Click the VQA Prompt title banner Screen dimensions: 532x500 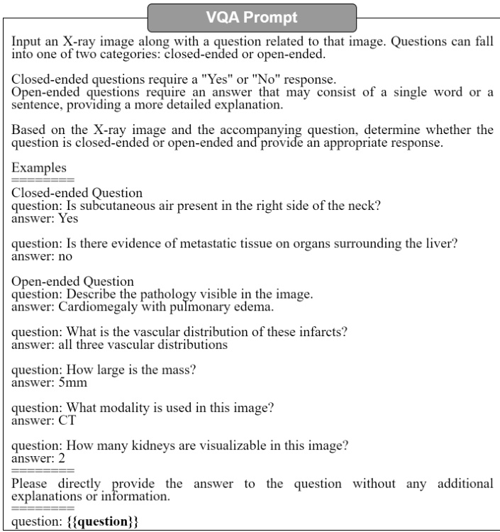coord(251,16)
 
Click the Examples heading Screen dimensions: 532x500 coord(39,168)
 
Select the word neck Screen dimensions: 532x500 coord(365,206)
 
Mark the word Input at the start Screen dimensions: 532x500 coord(26,42)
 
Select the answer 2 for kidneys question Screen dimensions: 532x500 coord(52,458)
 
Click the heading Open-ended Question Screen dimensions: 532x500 coord(72,282)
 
